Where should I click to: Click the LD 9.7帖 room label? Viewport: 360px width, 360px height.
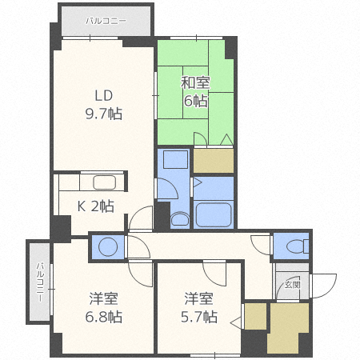105,104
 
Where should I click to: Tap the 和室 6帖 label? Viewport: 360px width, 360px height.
194,91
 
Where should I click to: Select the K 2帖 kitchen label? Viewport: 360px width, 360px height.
94,206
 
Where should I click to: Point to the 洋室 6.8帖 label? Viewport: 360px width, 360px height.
104,308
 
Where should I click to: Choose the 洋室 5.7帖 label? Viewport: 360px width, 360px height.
199,308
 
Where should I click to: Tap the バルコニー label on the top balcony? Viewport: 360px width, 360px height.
104,20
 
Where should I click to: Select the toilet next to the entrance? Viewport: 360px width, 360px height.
291,246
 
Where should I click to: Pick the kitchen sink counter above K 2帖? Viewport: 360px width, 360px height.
104,182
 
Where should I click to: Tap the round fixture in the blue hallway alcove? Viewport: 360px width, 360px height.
108,246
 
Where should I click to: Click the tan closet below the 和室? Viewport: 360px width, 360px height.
214,160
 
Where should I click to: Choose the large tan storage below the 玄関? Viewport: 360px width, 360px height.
287,328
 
